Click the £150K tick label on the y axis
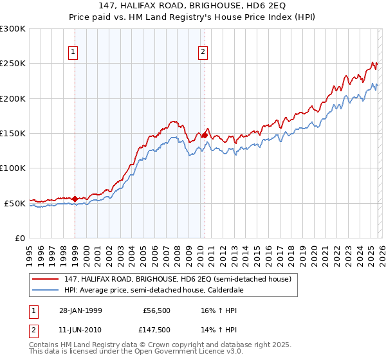(13, 134)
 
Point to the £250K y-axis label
(13, 64)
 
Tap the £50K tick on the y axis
(15, 203)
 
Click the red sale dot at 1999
(75, 199)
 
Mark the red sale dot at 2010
(205, 135)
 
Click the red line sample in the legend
(46, 279)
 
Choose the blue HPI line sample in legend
(46, 290)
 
